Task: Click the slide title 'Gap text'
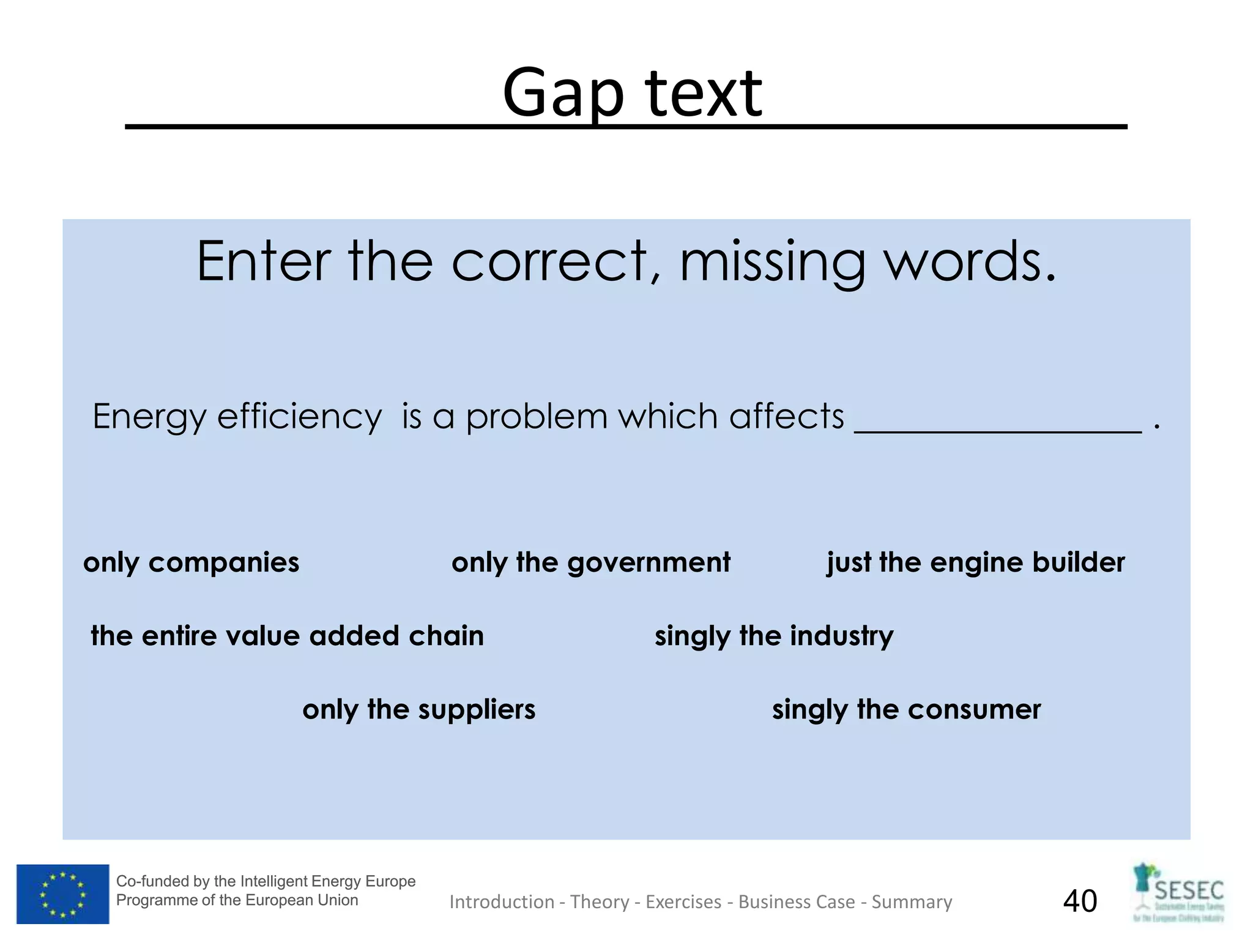632,94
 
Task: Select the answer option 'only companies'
191,562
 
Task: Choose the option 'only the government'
590,562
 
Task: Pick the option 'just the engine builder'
975,562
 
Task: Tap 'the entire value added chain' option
287,636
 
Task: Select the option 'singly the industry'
773,636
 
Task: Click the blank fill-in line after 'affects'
997,425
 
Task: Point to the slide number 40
1080,901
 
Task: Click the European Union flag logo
62,893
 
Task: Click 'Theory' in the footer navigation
600,902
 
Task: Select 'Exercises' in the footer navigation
683,902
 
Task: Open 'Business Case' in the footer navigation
797,902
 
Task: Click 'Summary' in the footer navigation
912,902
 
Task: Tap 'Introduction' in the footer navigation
502,902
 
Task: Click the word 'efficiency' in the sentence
299,417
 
